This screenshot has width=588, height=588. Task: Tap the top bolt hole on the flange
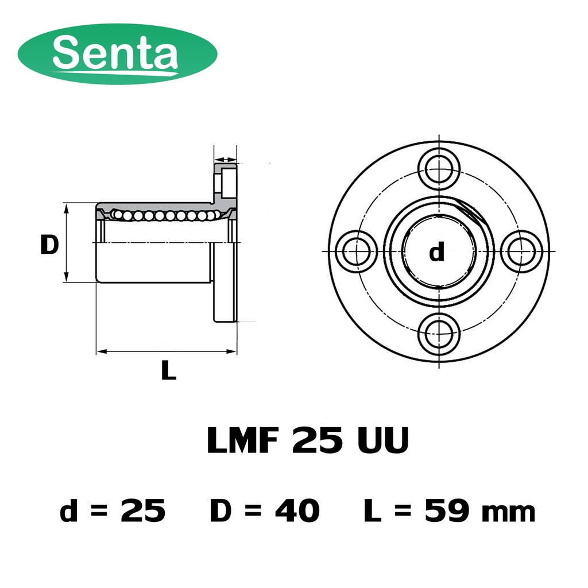click(438, 169)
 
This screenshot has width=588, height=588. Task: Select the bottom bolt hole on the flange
click(438, 333)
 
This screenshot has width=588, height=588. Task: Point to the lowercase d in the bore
click(437, 252)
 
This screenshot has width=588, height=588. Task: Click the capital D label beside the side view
click(49, 245)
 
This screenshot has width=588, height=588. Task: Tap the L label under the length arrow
click(169, 370)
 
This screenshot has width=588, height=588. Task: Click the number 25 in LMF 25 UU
click(317, 440)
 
